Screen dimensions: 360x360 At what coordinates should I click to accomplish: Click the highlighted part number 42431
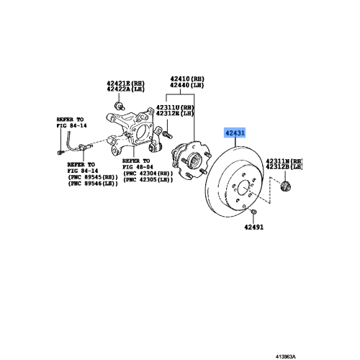click(x=235, y=133)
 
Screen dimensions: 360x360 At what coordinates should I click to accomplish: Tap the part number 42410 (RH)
click(x=187, y=78)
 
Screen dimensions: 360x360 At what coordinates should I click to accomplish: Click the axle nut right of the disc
click(x=284, y=187)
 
